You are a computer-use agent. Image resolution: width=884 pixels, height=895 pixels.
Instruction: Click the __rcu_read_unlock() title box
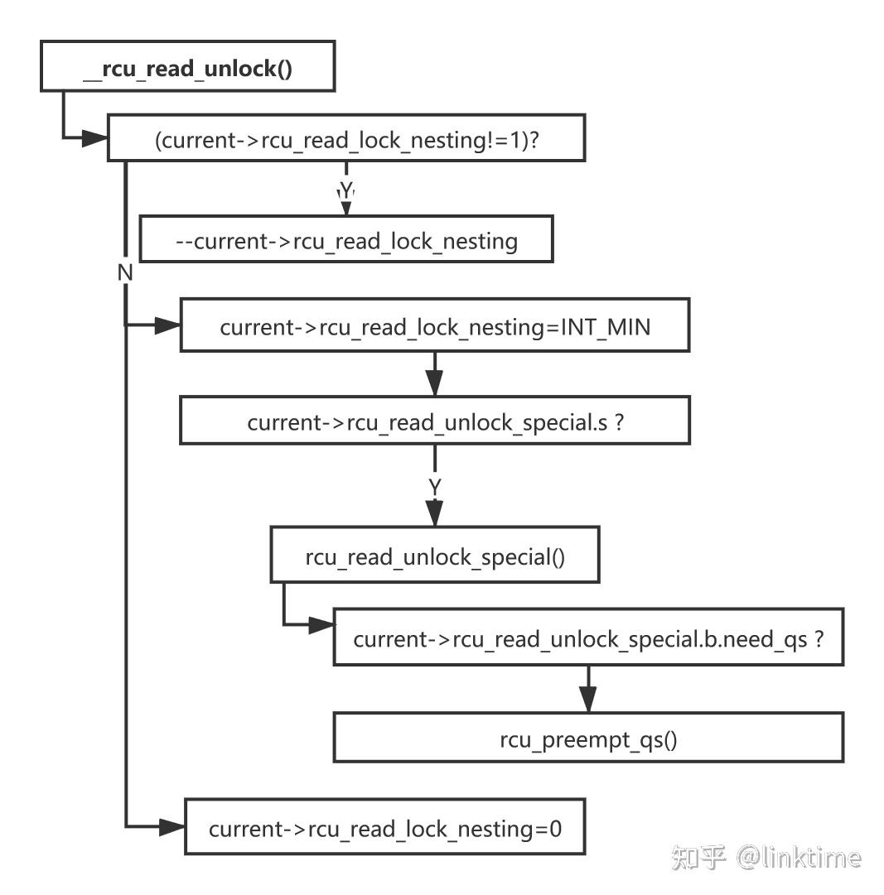pyautogui.click(x=188, y=66)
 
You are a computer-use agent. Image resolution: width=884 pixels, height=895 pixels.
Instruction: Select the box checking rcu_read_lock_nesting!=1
pyautogui.click(x=346, y=138)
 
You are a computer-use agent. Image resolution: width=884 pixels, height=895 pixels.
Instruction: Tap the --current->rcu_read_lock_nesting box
pyautogui.click(x=346, y=240)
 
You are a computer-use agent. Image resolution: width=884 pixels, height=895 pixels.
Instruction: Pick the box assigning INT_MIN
pyautogui.click(x=435, y=326)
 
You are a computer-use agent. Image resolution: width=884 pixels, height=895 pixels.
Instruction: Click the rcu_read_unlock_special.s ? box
pyautogui.click(x=435, y=422)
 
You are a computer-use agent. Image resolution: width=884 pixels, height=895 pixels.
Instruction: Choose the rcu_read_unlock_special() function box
pyautogui.click(x=435, y=556)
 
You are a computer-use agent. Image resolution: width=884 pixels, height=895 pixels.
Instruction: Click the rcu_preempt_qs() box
pyautogui.click(x=588, y=738)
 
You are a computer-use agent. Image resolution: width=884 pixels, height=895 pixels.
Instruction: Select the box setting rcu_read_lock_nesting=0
pyautogui.click(x=384, y=827)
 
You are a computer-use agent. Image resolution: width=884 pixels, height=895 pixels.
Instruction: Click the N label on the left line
pyautogui.click(x=125, y=272)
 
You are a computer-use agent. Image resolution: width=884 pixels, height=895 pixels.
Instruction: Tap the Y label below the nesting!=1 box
pyautogui.click(x=347, y=190)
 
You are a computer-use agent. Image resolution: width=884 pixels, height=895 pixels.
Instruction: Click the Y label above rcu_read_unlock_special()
pyautogui.click(x=435, y=488)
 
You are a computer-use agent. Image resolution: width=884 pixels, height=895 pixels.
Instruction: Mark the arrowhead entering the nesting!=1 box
pyautogui.click(x=96, y=138)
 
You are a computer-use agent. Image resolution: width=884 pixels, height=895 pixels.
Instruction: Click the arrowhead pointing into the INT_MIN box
pyautogui.click(x=168, y=325)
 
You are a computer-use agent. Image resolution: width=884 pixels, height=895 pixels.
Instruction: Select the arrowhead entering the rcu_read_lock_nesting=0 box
pyautogui.click(x=172, y=826)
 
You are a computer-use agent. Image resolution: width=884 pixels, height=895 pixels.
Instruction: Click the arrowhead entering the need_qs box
pyautogui.click(x=321, y=625)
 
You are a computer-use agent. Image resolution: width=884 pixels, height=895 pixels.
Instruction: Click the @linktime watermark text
pyautogui.click(x=799, y=857)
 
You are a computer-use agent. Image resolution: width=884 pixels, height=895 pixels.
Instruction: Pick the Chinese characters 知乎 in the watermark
pyautogui.click(x=699, y=857)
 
